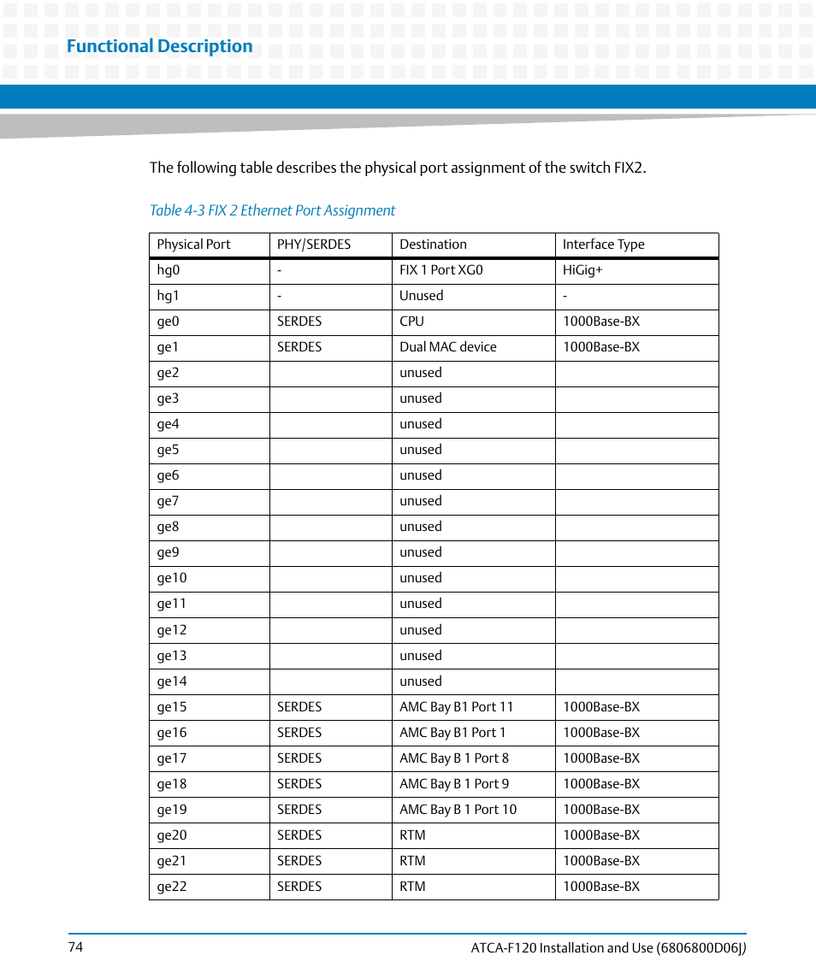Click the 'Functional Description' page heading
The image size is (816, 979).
(159, 46)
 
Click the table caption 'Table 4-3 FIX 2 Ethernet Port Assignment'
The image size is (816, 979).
(272, 210)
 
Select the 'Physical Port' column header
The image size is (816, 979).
(193, 245)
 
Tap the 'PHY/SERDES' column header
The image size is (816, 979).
(314, 245)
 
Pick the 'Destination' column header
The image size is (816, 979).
(433, 245)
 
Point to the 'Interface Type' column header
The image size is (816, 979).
(603, 245)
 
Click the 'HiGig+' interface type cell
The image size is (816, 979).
(582, 270)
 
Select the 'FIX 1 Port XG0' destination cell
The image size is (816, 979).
(441, 270)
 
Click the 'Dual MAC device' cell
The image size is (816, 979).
(447, 347)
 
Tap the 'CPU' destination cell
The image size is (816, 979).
(411, 321)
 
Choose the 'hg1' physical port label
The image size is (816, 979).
(169, 296)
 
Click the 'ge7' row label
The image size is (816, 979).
(168, 501)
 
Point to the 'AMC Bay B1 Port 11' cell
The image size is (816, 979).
(456, 707)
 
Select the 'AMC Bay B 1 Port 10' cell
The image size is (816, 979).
(458, 810)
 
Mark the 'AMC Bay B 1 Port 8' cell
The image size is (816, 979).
(453, 758)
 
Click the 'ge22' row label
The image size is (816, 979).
(171, 887)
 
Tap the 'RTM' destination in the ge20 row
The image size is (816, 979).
(412, 835)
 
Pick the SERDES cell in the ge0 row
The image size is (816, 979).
(299, 321)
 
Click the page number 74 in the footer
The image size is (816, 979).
(75, 947)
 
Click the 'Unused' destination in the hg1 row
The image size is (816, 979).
(421, 296)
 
